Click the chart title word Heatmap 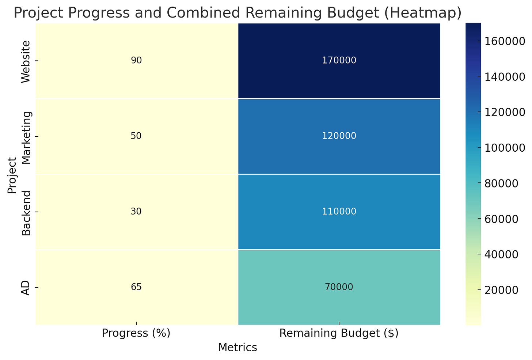coord(426,13)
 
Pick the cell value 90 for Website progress coord(136,61)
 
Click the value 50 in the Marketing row coord(136,136)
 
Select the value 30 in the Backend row coord(136,212)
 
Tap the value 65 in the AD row coord(136,287)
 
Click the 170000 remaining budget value coord(339,61)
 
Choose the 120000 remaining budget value coord(339,136)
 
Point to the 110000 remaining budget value coord(339,212)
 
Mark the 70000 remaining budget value coord(339,287)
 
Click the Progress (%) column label coord(136,333)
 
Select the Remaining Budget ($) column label coord(339,333)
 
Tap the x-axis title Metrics coord(237,348)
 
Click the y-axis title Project coord(12,175)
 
